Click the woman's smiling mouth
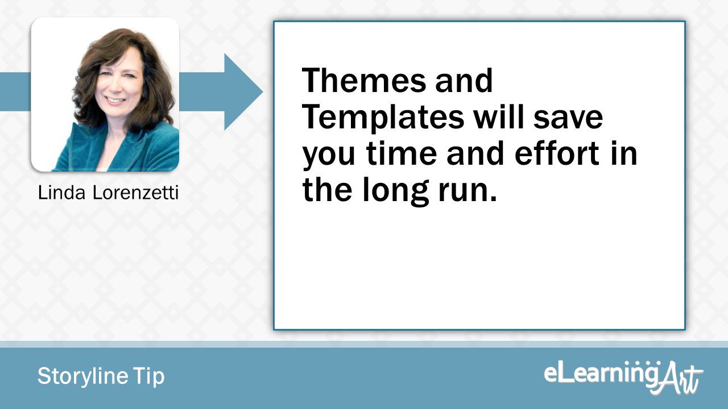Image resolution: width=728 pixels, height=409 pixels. click(x=117, y=101)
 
